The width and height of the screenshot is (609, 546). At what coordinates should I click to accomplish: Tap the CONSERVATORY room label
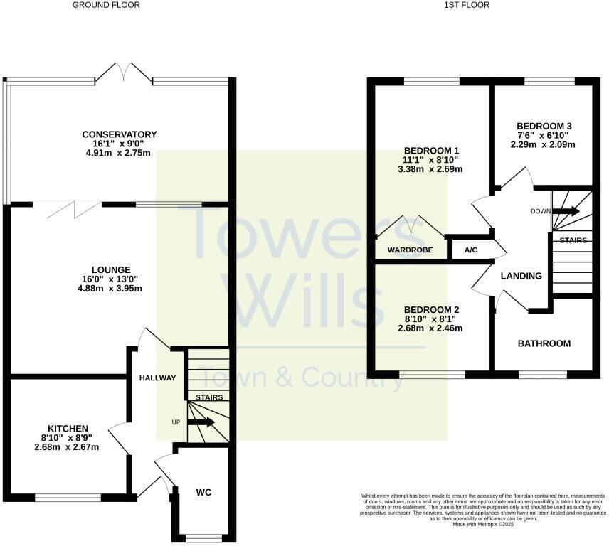point(119,134)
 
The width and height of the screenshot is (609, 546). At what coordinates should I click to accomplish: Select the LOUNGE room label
point(110,269)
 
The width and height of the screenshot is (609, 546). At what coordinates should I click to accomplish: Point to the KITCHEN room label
point(64,428)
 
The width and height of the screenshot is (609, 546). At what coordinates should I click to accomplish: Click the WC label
point(204,492)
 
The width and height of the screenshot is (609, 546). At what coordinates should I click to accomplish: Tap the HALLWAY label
point(157,378)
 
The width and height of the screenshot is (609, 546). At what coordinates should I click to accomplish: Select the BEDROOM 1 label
point(432,151)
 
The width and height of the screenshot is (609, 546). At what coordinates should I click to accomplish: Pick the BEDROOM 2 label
point(432,310)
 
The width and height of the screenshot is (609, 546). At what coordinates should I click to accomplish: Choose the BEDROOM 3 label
point(544,126)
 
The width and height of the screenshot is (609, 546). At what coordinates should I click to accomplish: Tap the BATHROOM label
point(544,343)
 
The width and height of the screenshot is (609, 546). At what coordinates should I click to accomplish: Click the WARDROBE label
point(410,250)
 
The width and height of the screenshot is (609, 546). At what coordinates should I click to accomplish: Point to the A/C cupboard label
point(471,250)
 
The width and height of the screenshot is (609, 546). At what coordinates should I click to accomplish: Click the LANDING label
point(521,276)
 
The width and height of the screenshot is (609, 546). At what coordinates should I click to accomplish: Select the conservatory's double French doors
point(125,71)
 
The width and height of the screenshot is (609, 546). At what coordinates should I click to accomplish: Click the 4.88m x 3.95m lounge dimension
point(110,288)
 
